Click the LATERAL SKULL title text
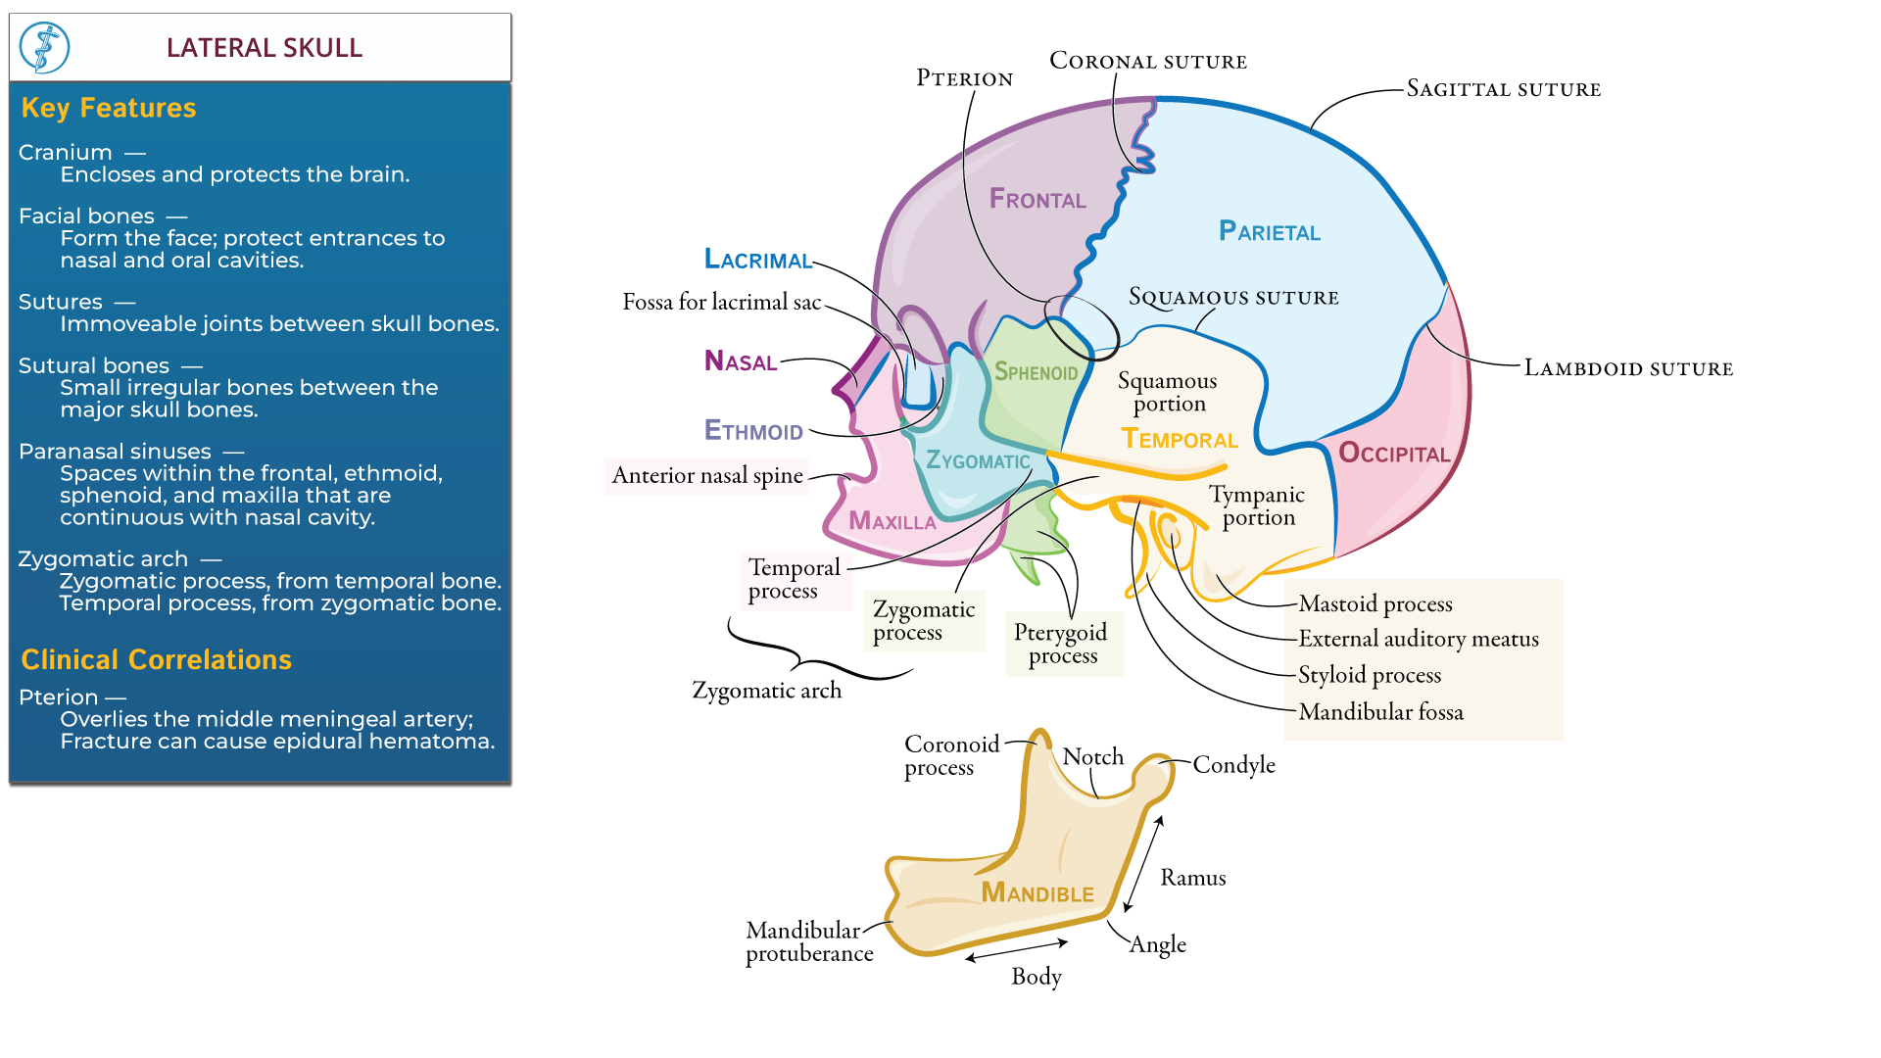[x=264, y=47]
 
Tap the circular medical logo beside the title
[x=45, y=47]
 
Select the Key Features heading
[x=108, y=108]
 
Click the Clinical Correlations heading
[x=156, y=659]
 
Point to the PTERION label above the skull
[x=964, y=78]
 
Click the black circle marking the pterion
[x=1081, y=326]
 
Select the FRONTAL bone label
[x=1037, y=200]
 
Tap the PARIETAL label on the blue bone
[x=1269, y=231]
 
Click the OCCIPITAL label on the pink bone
[x=1393, y=454]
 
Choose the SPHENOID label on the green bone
[x=1036, y=372]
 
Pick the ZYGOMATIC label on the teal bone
[x=977, y=460]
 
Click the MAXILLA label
[x=892, y=521]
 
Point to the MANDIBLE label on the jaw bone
[x=1037, y=892]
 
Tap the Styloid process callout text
[x=1369, y=675]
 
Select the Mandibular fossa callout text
[x=1380, y=712]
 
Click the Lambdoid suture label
[x=1628, y=368]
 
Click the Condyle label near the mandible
[x=1233, y=765]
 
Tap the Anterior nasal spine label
[x=706, y=476]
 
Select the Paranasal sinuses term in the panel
[x=115, y=452]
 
